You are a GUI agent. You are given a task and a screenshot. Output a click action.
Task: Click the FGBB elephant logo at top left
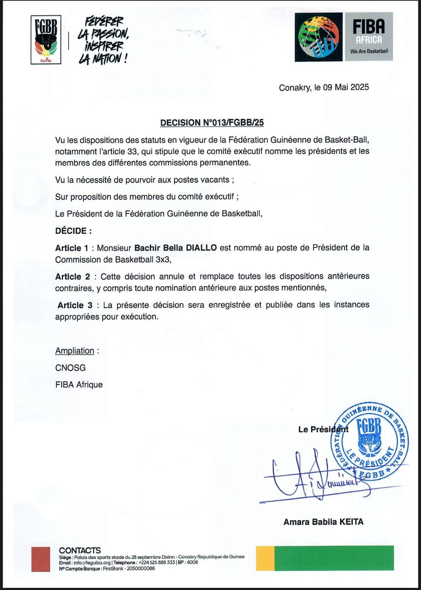point(46,39)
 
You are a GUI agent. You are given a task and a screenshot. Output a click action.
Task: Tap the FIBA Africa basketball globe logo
point(319,37)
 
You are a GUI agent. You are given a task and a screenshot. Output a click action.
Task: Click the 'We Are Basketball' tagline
point(369,51)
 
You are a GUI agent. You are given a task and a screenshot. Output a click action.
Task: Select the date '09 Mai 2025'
point(346,87)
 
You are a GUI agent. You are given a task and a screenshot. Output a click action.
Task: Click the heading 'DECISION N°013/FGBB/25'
point(212,123)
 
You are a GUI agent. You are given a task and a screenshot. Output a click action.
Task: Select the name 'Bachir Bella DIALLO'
point(176,248)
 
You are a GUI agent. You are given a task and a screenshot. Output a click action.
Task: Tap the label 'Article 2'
point(73,277)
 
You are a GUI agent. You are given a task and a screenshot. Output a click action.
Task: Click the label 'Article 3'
point(75,305)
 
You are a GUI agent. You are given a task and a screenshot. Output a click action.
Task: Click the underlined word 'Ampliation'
point(75,351)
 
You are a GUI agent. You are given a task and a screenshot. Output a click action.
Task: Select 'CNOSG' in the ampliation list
point(71,367)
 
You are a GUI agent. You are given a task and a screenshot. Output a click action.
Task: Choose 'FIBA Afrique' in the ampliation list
point(79,385)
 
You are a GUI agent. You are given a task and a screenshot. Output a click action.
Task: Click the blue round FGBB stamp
point(369,441)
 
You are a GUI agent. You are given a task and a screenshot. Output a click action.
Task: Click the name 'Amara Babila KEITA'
point(323,522)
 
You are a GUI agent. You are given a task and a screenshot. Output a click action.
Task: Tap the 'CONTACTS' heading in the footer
point(80,550)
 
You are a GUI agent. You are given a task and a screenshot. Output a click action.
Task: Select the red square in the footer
point(40,559)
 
